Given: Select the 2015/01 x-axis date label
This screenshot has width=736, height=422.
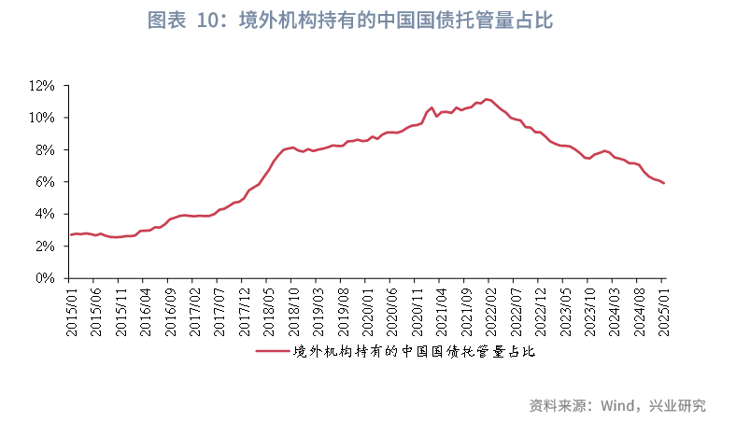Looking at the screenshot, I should pos(72,309).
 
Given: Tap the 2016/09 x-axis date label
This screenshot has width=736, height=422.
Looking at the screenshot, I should pos(170,309).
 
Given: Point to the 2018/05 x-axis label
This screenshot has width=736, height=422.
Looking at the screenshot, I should pos(267,309).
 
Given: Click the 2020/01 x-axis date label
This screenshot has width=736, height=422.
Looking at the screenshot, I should pos(365,309).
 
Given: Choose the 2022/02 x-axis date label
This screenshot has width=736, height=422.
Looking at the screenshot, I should pos(488,309).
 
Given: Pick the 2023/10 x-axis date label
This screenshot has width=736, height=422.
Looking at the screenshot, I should pos(587,309).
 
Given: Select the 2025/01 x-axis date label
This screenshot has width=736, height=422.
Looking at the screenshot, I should pos(663,309).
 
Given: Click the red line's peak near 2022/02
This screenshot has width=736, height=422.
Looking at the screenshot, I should pos(486,98).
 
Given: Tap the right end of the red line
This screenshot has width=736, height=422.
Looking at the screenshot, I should pos(663,183).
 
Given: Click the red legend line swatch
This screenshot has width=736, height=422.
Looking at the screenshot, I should pos(272,352).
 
